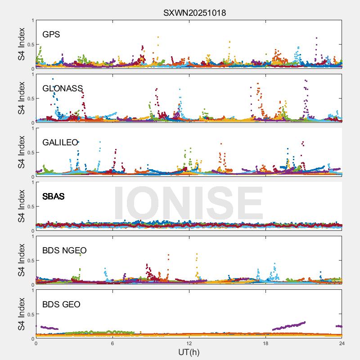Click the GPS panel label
tap(51, 35)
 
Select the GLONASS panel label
tap(63, 89)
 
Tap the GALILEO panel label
tap(60, 143)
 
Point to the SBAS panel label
tap(53, 197)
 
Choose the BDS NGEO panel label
tap(64, 251)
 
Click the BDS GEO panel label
tap(61, 305)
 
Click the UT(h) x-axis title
tap(189, 352)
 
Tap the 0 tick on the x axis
tap(36, 343)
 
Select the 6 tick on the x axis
tap(112, 343)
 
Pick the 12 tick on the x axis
tap(189, 343)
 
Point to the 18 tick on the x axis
tap(265, 343)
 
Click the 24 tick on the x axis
tap(342, 343)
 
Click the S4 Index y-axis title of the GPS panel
tap(22, 44)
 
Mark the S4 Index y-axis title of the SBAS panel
tap(22, 206)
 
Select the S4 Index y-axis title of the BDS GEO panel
tap(22, 314)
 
